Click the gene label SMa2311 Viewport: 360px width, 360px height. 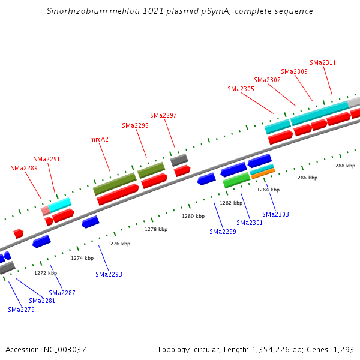coord(323,62)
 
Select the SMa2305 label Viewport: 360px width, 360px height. coord(241,89)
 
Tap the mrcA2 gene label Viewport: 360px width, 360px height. coord(99,139)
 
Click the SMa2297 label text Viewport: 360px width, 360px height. coord(163,115)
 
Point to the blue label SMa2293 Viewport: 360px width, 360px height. coord(109,274)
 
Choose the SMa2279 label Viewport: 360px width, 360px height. coord(21,310)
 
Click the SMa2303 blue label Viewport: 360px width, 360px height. coord(275,214)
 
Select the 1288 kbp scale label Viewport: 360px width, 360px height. coord(344,166)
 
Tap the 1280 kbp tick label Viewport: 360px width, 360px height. coord(193,216)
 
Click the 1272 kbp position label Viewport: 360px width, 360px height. coord(46,273)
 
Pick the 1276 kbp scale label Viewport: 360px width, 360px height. coord(119,244)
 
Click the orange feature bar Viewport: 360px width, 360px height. coord(263,173)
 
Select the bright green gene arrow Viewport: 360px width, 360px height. coord(236,179)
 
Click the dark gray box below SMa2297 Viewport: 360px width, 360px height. coord(179,160)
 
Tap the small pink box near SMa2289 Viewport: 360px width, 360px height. coord(46,211)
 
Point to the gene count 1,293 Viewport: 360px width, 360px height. coord(344,349)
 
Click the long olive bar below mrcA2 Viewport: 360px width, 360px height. coord(114,184)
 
